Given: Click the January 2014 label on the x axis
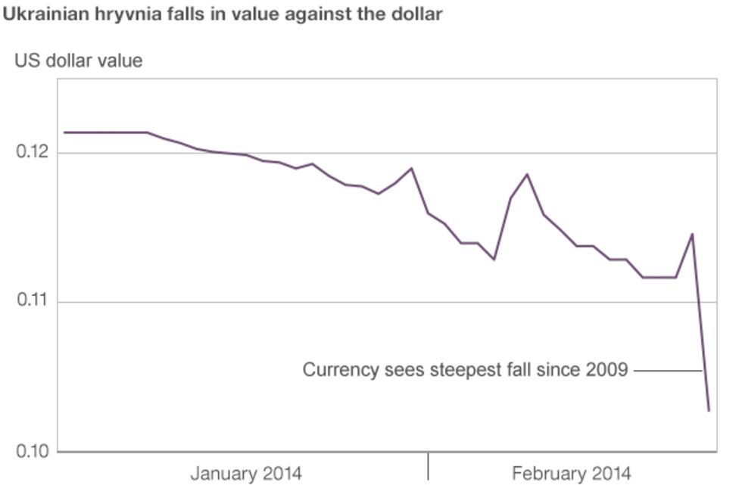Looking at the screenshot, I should [246, 474].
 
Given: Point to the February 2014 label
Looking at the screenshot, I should [572, 474].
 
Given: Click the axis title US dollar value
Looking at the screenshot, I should [78, 61].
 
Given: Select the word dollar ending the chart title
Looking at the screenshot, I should [415, 14].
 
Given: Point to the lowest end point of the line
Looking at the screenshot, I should [709, 411].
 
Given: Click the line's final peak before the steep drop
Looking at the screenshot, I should [692, 234].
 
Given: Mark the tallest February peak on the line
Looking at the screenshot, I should [527, 174].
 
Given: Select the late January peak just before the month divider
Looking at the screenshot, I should [411, 168].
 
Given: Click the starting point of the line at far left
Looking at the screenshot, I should [65, 132].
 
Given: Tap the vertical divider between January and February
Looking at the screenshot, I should [428, 466].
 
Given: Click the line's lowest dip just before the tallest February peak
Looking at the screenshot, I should [494, 260].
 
